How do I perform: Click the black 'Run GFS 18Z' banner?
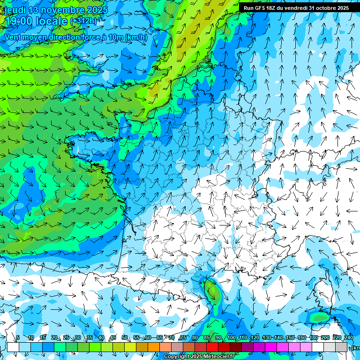click(x=296, y=8)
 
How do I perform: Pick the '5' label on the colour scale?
click(x=17, y=338)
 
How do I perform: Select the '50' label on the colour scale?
click(x=124, y=338)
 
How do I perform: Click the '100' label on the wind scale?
click(x=231, y=338)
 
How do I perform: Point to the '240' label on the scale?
click(x=348, y=338)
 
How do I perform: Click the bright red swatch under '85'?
click(x=212, y=347)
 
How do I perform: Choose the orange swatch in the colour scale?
click(x=154, y=347)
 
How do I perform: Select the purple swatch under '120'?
click(x=259, y=347)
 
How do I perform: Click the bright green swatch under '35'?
click(x=95, y=347)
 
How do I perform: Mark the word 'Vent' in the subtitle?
click(x=13, y=37)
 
